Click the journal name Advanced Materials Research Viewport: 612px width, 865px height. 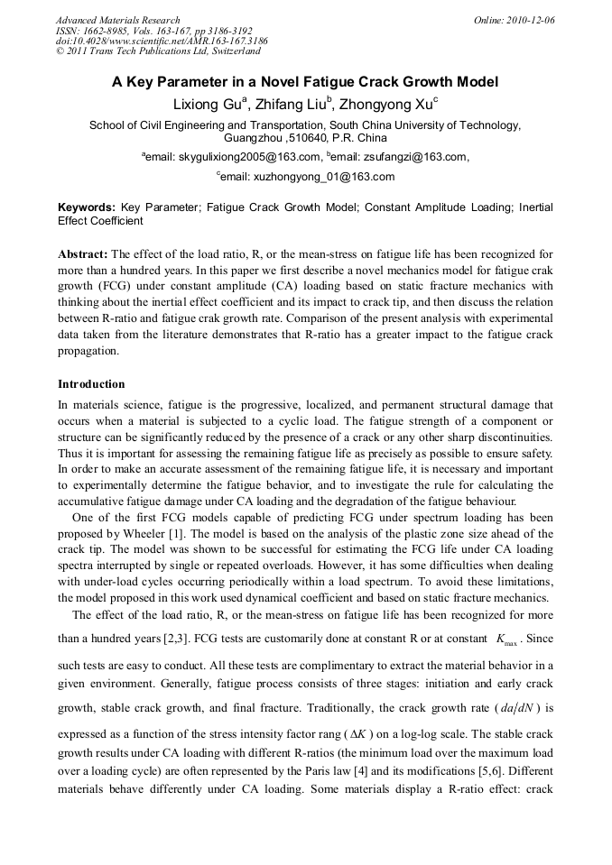coord(117,20)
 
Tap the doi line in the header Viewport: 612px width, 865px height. coord(151,41)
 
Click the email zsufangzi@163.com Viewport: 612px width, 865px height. coord(409,157)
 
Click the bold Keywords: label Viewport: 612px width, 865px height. coord(86,207)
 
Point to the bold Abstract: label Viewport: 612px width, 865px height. coord(83,254)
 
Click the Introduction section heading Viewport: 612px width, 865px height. coord(94,384)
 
